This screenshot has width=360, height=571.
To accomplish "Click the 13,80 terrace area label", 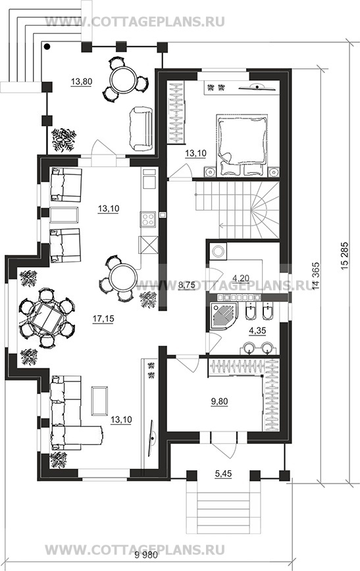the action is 82,82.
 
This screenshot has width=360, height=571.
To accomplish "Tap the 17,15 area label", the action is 103,319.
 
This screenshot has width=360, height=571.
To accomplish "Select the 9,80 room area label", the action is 219,401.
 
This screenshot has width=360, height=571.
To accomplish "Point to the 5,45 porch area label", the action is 223,474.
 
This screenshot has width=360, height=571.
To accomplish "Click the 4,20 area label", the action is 241,278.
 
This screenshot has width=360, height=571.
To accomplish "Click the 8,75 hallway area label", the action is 186,286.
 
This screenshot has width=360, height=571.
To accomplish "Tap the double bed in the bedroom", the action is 242,145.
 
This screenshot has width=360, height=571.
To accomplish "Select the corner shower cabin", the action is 222,315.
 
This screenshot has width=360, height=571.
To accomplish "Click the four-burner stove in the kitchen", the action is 148,219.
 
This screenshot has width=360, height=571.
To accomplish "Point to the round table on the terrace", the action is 124,80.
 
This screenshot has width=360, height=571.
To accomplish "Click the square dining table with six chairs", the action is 47,317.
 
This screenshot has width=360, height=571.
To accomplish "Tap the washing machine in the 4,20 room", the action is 219,251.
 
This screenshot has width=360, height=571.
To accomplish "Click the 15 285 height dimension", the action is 345,256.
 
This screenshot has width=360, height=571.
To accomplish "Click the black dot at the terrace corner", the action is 47,46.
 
